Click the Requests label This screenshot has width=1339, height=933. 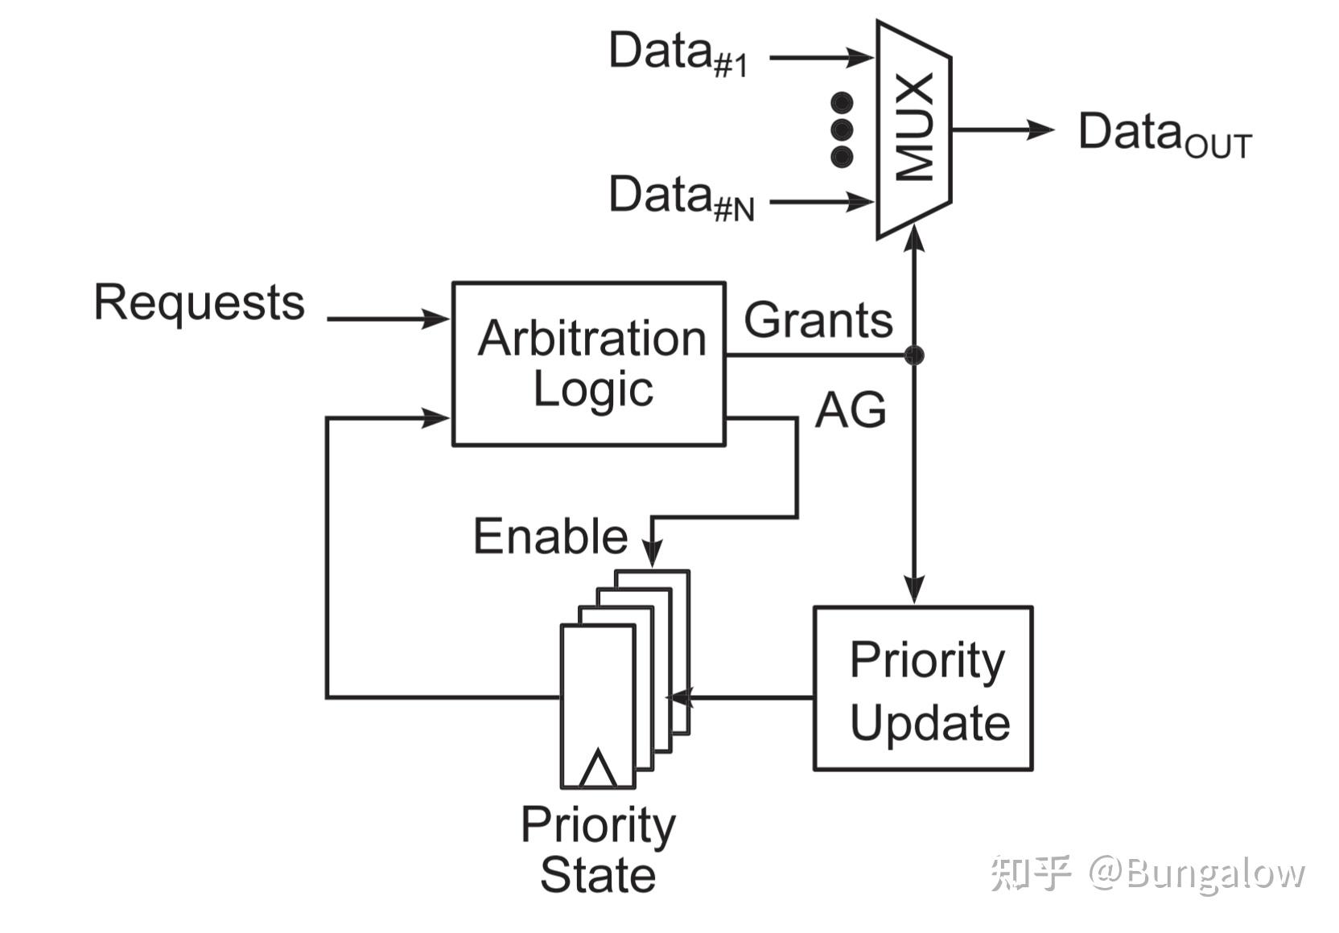click(x=200, y=303)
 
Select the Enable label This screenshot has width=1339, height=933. click(x=550, y=536)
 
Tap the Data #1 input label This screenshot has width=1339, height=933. click(x=678, y=54)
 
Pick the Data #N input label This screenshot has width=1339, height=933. click(x=682, y=198)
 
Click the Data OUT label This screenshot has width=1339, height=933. click(x=1165, y=134)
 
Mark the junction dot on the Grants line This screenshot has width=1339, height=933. click(x=914, y=356)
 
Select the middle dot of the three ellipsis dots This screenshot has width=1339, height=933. click(x=843, y=129)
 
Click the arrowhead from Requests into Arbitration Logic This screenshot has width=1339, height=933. click(x=435, y=319)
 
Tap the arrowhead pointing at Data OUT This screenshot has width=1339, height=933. click(x=1040, y=129)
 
